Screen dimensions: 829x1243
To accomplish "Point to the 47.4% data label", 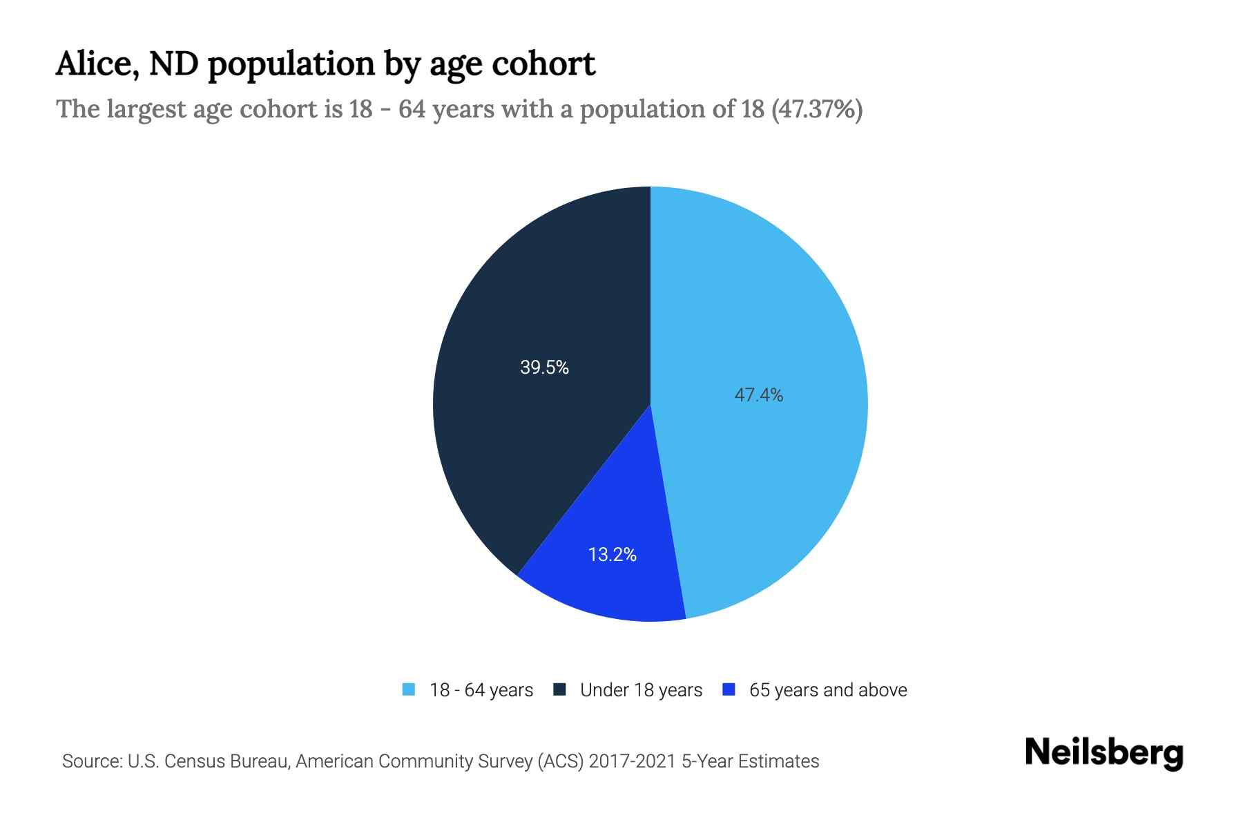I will [758, 395].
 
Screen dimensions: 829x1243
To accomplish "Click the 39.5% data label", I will [544, 368].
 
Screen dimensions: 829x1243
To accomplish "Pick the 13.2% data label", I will [612, 555].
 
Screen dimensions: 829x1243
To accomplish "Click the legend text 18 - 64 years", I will [481, 690].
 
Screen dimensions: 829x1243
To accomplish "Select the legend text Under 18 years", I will [641, 690].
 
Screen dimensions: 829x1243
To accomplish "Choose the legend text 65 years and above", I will [827, 690].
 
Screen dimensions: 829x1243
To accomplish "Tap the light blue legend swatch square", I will [409, 689].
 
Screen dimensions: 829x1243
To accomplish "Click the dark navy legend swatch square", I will [559, 689].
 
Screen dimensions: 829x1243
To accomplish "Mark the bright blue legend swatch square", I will [728, 689].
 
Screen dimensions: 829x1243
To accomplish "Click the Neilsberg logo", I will [1104, 753].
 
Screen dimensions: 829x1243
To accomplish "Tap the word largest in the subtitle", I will [146, 109].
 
